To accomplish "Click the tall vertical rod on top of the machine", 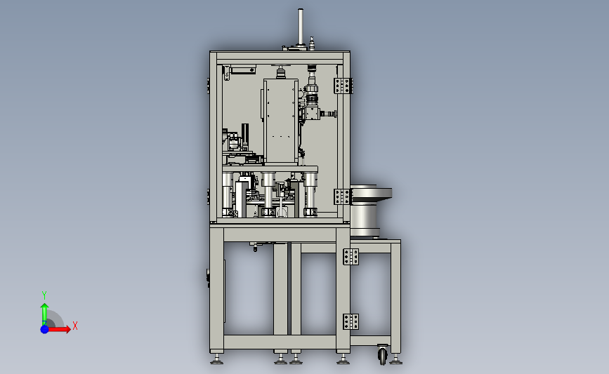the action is [x=300, y=27].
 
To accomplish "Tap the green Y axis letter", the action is [x=44, y=295].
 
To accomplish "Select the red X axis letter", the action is [x=75, y=326].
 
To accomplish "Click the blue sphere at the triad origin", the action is [x=45, y=329].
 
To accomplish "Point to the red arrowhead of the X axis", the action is [x=68, y=329].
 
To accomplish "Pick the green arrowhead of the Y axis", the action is [x=45, y=307].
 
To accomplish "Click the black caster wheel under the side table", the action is [x=383, y=355].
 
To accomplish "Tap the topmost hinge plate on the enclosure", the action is [x=343, y=86].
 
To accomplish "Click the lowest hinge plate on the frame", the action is [x=351, y=321].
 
